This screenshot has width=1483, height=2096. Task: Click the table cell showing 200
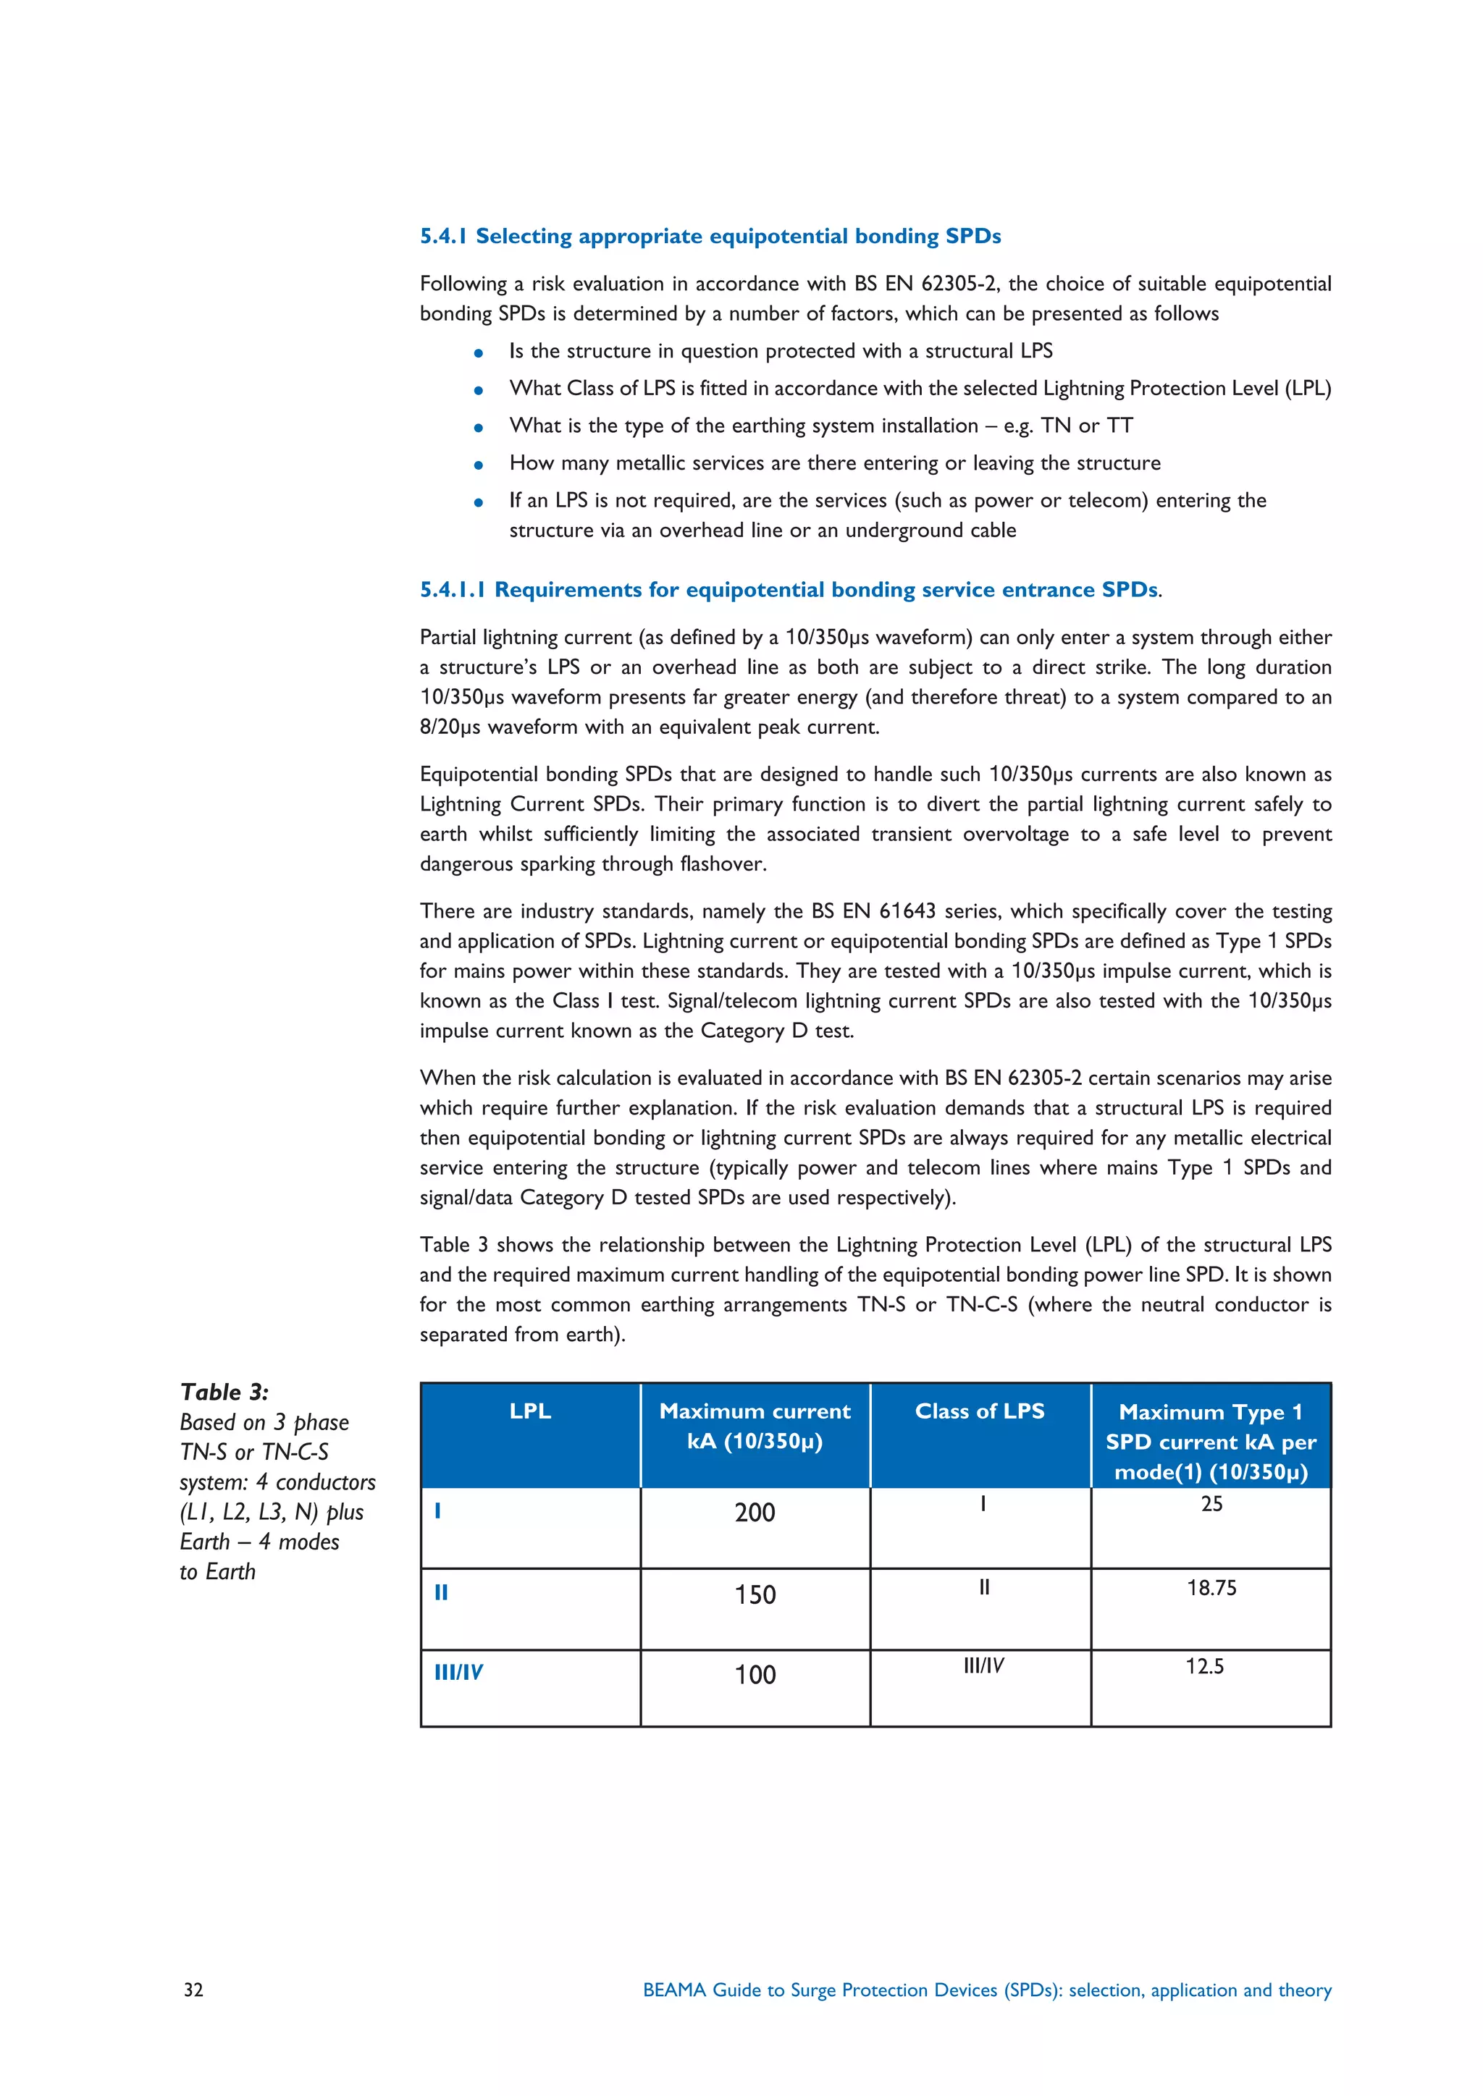[x=755, y=1513]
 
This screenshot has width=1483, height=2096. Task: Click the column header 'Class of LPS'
[x=980, y=1411]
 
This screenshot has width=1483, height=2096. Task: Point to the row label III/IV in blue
[x=458, y=1673]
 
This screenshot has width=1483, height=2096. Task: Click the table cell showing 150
[x=755, y=1595]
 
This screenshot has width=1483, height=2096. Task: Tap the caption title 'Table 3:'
[x=224, y=1393]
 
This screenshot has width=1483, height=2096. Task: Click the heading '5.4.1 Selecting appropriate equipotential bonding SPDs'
[x=710, y=237]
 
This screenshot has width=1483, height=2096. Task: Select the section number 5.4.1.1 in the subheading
[x=452, y=590]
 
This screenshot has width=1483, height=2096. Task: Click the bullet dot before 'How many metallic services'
[x=478, y=465]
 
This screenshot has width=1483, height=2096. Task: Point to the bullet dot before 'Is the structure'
[x=478, y=352]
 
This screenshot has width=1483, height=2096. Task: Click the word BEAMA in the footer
[x=674, y=1990]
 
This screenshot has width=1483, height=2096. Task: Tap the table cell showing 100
[x=755, y=1674]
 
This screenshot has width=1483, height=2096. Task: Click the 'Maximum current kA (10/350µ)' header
[x=755, y=1426]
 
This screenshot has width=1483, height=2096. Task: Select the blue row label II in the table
[x=441, y=1593]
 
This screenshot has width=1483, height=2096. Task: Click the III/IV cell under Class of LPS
[x=983, y=1665]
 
